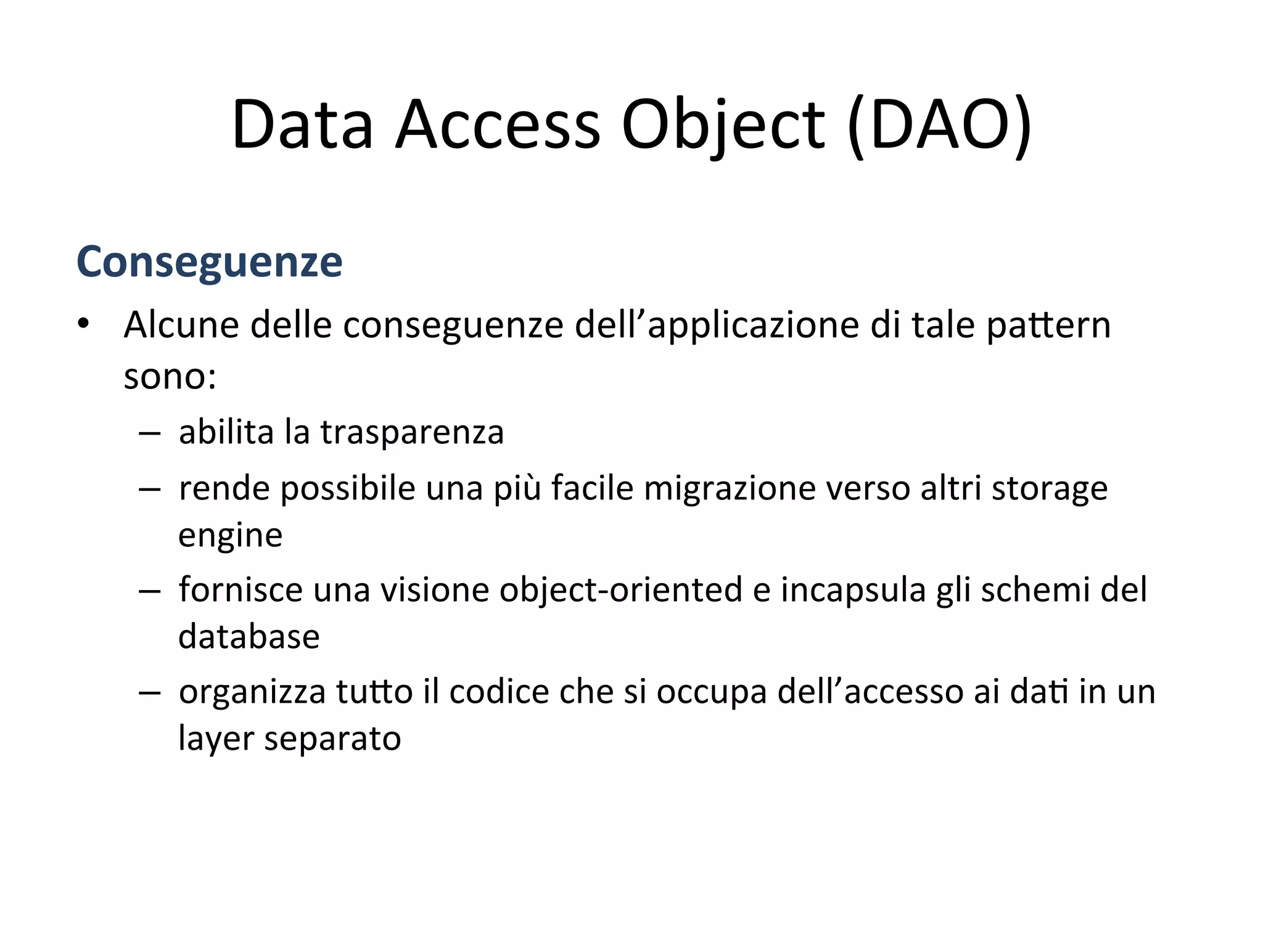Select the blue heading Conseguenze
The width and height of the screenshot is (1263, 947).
tap(209, 262)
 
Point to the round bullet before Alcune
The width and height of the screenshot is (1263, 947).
tap(83, 324)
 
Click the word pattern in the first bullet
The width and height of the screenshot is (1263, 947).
tap(1048, 325)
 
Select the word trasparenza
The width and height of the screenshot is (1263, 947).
tap(412, 432)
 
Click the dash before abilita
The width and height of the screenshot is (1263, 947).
tap(149, 433)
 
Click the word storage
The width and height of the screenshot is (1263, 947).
tap(1049, 488)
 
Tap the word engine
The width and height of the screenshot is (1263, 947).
tap(230, 535)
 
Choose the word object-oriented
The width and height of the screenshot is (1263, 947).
tap(620, 589)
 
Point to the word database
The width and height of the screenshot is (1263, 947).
tap(249, 636)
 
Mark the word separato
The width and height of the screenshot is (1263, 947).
tap(332, 738)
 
